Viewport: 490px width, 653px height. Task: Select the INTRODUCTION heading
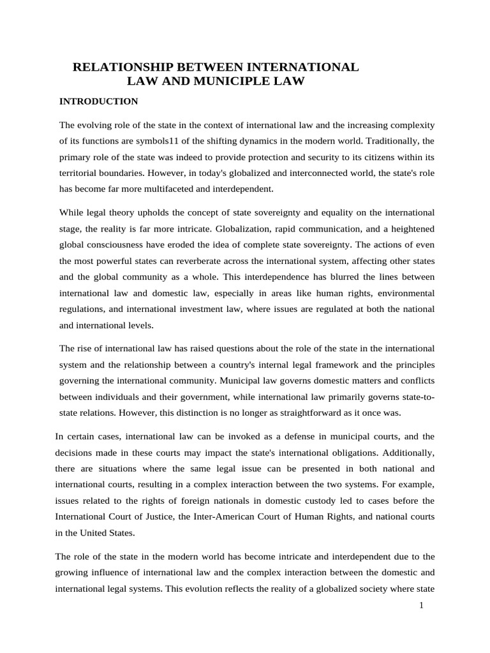98,101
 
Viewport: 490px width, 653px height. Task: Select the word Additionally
406,452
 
